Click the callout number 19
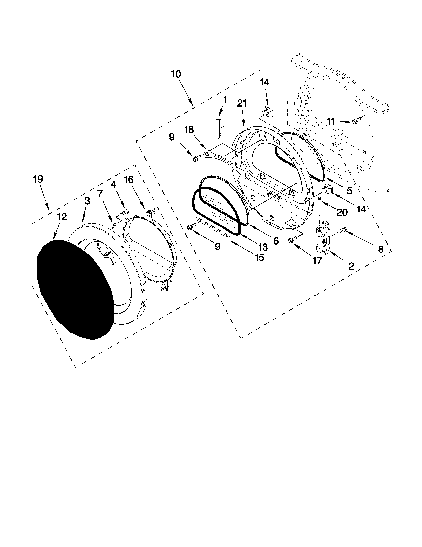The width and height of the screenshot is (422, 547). point(38,179)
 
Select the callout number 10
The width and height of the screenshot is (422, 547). point(176,74)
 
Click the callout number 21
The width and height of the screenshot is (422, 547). point(241,103)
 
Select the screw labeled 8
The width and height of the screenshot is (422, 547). point(342,230)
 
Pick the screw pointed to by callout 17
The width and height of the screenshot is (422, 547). point(292,239)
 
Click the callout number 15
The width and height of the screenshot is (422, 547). point(260,257)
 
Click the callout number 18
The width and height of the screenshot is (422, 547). point(189,129)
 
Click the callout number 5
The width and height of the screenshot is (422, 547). point(349,190)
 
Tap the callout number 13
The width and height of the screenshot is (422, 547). point(263,247)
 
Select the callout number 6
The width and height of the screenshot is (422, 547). point(275,241)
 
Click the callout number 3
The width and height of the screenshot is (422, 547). point(87,201)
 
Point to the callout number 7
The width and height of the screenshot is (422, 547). point(100,194)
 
